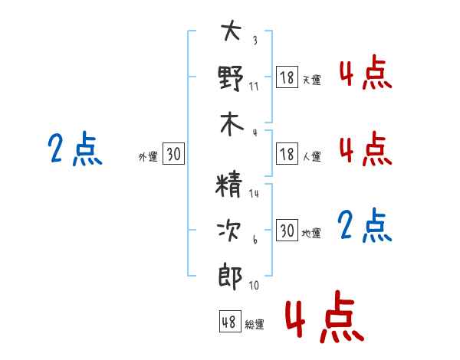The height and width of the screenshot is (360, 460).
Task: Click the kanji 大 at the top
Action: (232, 30)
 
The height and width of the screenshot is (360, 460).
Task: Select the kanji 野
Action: (231, 78)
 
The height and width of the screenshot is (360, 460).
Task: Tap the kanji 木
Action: (232, 124)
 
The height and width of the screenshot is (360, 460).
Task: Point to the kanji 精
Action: (228, 185)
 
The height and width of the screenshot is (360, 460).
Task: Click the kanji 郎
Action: (230, 277)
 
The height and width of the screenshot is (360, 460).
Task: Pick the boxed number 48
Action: (230, 321)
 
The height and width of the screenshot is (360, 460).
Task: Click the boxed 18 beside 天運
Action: (287, 77)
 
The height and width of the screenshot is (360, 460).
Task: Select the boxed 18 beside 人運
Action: (287, 154)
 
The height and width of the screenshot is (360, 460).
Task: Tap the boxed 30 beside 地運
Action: (287, 230)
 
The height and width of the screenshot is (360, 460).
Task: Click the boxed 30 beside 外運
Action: (173, 153)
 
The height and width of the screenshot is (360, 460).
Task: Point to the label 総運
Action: (255, 324)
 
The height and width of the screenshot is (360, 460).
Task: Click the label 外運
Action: (148, 157)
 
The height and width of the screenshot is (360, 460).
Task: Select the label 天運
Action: (312, 80)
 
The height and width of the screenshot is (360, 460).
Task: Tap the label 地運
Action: (311, 233)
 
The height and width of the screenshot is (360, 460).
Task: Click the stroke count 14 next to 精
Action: (254, 194)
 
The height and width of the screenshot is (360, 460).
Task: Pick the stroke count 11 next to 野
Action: (254, 87)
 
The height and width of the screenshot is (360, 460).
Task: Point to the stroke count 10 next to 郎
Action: (254, 285)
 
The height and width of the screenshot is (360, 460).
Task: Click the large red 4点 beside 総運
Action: (325, 316)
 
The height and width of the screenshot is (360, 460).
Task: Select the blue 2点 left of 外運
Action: (75, 148)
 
